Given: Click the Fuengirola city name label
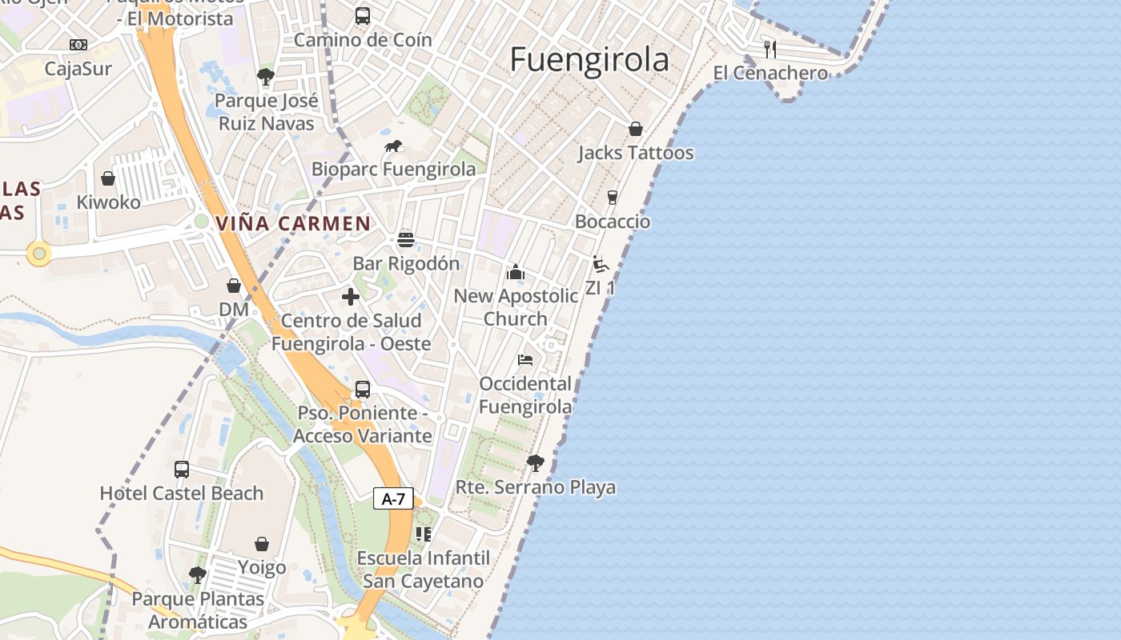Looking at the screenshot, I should pyautogui.click(x=589, y=60).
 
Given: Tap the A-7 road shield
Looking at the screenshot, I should pyautogui.click(x=393, y=499).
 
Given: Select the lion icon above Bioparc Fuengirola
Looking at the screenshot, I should pyautogui.click(x=393, y=146).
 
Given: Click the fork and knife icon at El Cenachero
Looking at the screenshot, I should pyautogui.click(x=770, y=49).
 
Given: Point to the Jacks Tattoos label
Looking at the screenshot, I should pyautogui.click(x=636, y=153).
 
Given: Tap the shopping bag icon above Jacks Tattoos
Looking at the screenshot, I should pyautogui.click(x=636, y=128).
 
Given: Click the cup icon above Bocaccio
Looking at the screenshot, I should pyautogui.click(x=613, y=197).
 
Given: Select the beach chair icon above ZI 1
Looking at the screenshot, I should pyautogui.click(x=600, y=264).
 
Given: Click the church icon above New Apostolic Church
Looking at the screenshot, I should pyautogui.click(x=516, y=272).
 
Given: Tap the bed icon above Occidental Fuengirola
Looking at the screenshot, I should pyautogui.click(x=525, y=359).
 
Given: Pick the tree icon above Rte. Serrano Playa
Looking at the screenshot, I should pyautogui.click(x=536, y=462).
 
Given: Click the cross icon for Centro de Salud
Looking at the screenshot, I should pyautogui.click(x=351, y=297).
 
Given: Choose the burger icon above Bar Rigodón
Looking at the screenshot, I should pyautogui.click(x=406, y=239).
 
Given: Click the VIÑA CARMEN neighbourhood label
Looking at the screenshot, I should pyautogui.click(x=293, y=224).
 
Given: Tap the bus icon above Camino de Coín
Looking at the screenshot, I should pyautogui.click(x=363, y=15).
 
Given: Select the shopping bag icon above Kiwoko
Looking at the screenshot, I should pyautogui.click(x=108, y=178).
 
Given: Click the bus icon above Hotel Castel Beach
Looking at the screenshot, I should pyautogui.click(x=182, y=469).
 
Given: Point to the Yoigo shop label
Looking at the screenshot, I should pyautogui.click(x=262, y=568).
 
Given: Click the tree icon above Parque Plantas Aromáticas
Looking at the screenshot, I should pyautogui.click(x=197, y=574).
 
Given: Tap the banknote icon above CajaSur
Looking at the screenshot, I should pyautogui.click(x=78, y=45).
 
